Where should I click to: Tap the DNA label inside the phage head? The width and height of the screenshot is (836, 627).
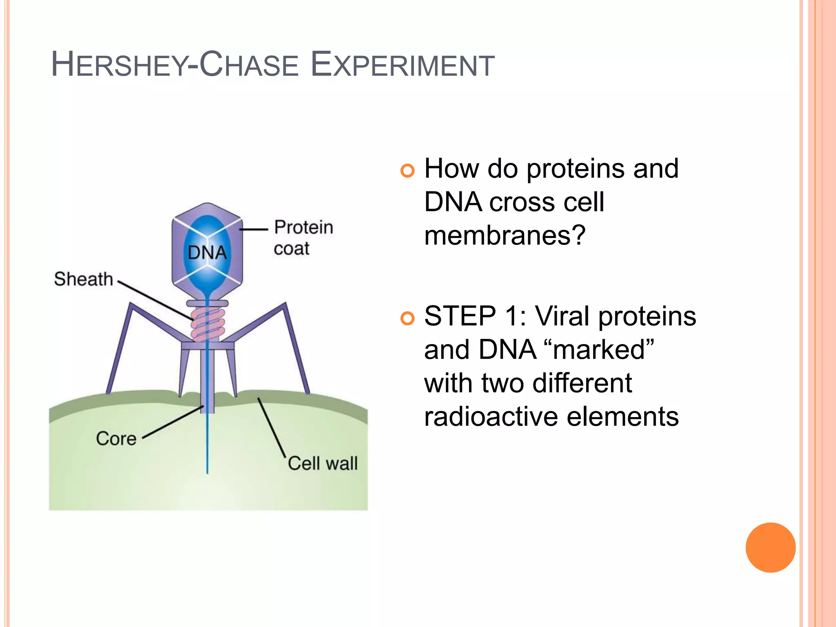(x=207, y=253)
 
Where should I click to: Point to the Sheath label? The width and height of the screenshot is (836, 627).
(x=83, y=279)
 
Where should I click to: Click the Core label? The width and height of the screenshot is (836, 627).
(x=116, y=438)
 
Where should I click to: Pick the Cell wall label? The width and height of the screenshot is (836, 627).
(x=322, y=463)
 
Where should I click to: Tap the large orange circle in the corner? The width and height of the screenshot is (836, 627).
(x=770, y=547)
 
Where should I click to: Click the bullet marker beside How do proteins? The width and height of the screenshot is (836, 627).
(x=407, y=170)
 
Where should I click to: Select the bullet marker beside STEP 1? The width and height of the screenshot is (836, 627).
(x=407, y=318)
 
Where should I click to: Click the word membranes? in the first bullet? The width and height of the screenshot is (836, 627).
(x=505, y=236)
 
